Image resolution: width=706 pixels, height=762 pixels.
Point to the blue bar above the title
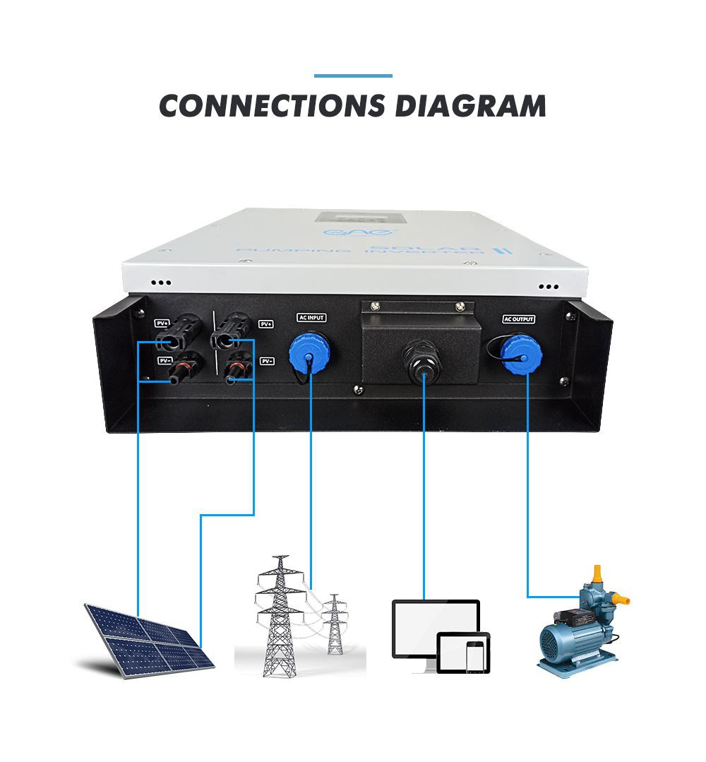[353, 76]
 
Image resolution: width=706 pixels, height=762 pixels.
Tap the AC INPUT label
[311, 318]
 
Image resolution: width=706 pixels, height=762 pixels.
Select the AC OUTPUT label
[519, 319]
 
